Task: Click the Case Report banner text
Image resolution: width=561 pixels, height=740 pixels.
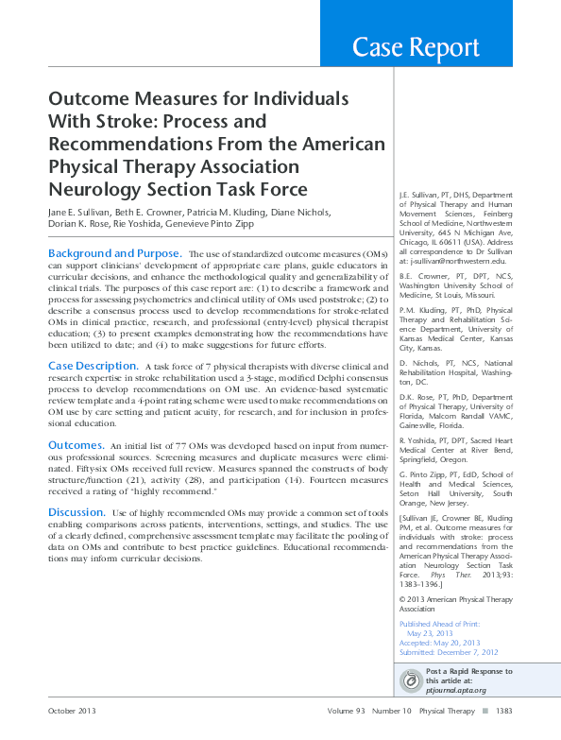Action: coord(416,47)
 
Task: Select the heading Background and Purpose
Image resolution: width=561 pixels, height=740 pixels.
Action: coord(113,254)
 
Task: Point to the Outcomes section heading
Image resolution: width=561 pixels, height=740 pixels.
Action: coord(76,444)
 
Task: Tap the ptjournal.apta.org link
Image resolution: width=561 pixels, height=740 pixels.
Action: coord(458,692)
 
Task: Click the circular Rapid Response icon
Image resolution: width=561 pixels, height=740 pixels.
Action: coord(411,680)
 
